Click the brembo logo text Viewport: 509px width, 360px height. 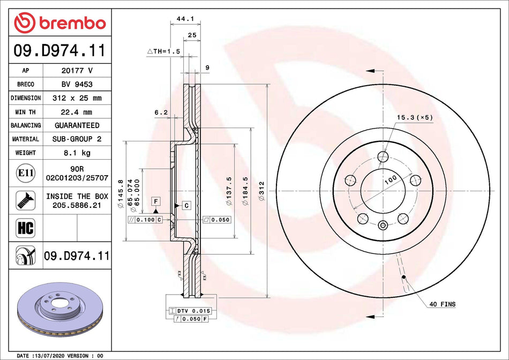[60, 23]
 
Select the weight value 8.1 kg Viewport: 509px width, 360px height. [77, 153]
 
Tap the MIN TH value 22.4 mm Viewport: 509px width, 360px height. [77, 111]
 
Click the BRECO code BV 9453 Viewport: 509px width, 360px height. [77, 84]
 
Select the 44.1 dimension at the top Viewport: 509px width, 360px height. [184, 19]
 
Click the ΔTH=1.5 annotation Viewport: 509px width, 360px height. [163, 51]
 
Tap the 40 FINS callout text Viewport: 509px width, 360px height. [442, 304]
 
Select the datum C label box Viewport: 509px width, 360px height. [186, 206]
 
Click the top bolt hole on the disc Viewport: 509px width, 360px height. [383, 156]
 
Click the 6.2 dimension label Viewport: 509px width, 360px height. [161, 112]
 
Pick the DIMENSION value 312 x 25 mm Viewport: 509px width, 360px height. [77, 98]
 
